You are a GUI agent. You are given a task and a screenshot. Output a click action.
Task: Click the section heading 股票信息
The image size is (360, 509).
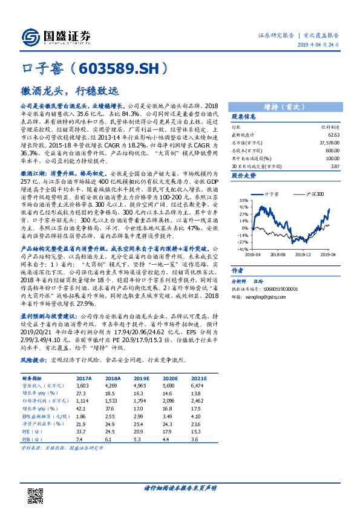[x=244, y=116]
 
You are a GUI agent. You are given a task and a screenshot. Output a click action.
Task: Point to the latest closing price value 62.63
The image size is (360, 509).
[x=336, y=134]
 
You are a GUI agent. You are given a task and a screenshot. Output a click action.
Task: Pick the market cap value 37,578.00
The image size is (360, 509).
[x=333, y=142]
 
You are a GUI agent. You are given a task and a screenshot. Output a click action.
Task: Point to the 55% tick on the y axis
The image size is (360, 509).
[x=244, y=200]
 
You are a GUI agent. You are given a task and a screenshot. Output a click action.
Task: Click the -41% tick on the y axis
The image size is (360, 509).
[x=243, y=249]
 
